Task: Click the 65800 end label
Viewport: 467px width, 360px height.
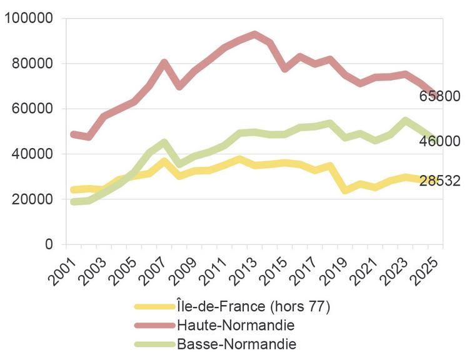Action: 439,96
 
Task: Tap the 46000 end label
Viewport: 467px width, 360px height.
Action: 439,141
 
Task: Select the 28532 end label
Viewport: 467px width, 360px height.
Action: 439,181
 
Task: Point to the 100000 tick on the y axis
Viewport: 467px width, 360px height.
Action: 29,19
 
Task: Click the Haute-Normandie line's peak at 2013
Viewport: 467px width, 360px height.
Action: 254,34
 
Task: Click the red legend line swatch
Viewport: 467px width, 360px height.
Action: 154,325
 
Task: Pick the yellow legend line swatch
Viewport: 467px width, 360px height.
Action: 154,306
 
